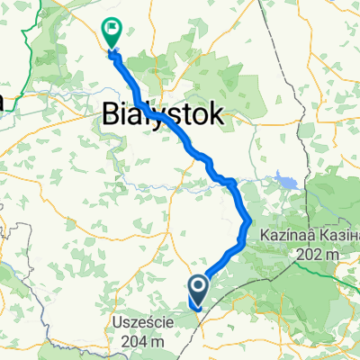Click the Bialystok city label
(162, 115)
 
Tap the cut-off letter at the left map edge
(3, 101)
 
